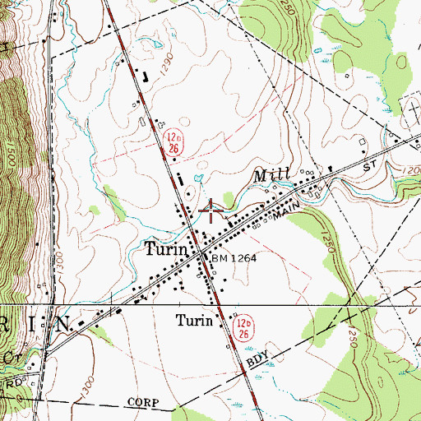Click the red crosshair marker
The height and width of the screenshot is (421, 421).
point(211,210)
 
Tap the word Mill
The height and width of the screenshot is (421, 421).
point(269,176)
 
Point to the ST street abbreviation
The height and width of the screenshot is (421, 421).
point(378,166)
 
